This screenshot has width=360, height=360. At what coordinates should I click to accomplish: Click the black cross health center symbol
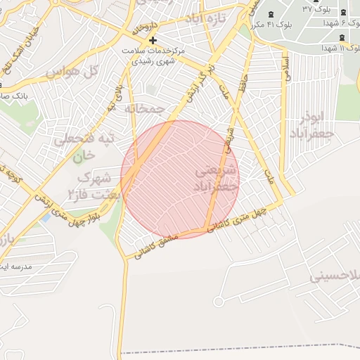pyautogui.click(x=153, y=40)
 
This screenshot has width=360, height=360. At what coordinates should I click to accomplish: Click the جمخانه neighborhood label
pyautogui.click(x=144, y=109)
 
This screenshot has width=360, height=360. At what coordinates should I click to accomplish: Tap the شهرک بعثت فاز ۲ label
pyautogui.click(x=92, y=184)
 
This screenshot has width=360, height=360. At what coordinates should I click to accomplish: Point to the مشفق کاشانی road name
pyautogui.click(x=158, y=245)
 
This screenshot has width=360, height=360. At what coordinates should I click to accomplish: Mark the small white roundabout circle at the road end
pyautogui.click(x=218, y=302)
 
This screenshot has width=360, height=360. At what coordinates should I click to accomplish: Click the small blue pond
pyautogui.click(x=46, y=217)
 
